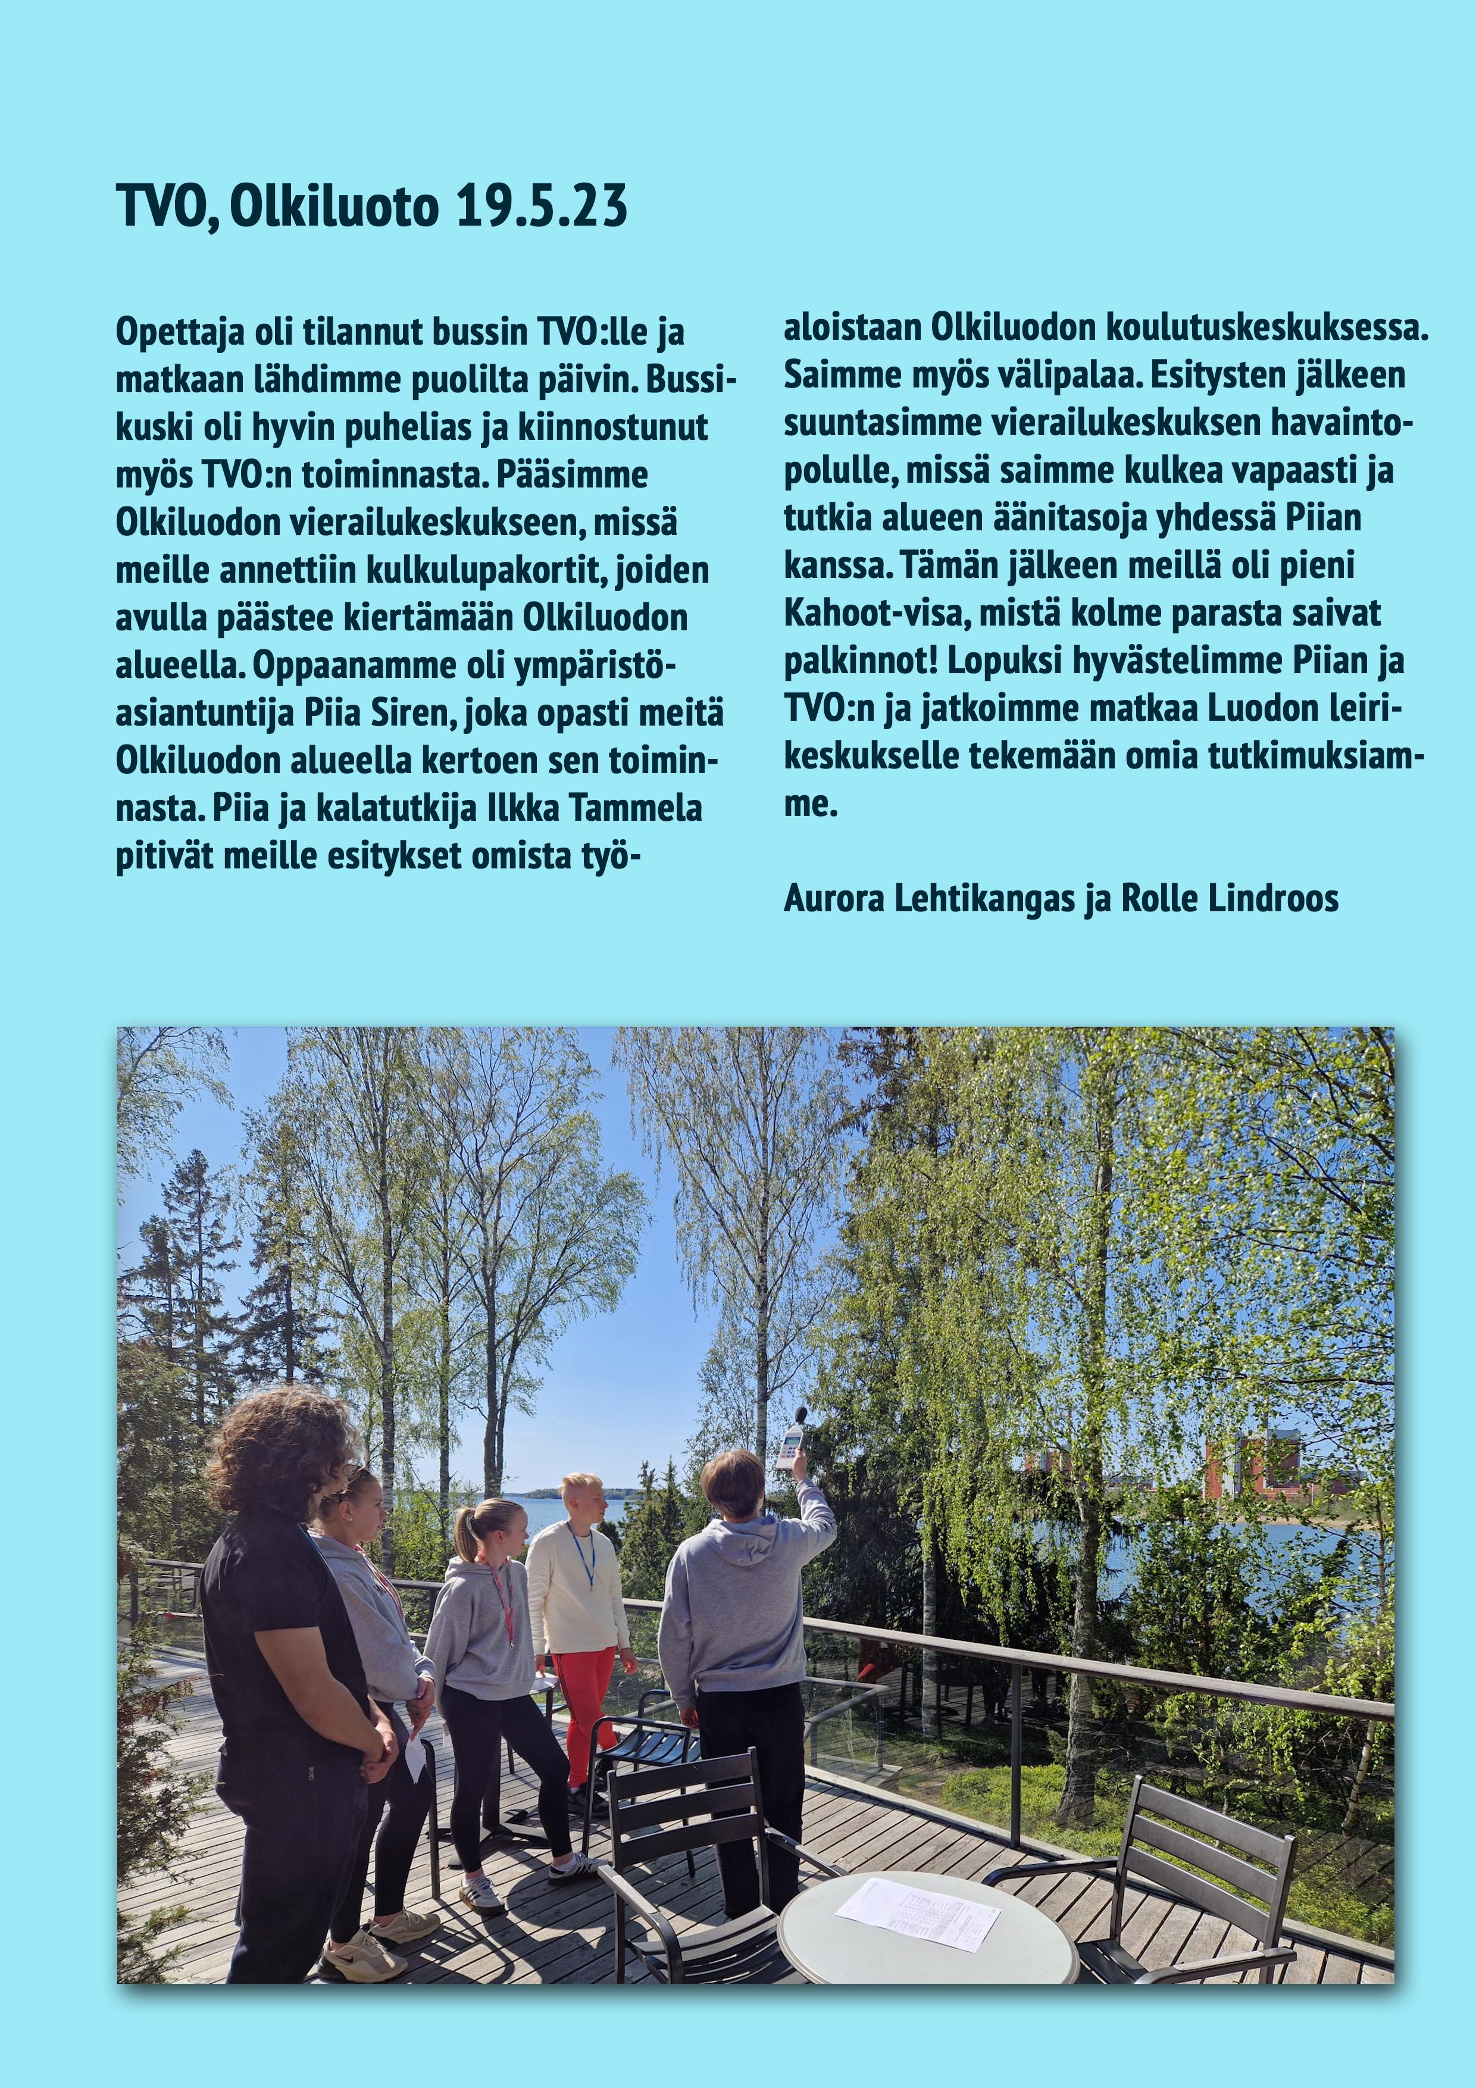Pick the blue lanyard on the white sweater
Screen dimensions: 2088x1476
click(579, 1551)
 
